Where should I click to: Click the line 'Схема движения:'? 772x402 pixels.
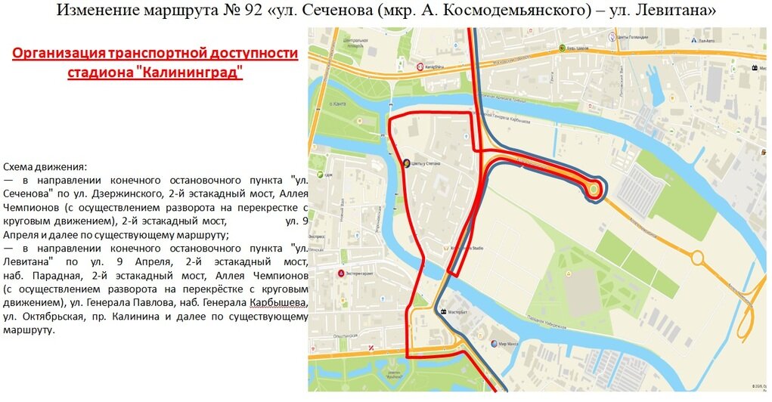[x=45, y=166]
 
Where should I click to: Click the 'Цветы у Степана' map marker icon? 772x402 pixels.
[x=406, y=162]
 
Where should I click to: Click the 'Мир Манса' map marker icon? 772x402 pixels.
[x=493, y=344]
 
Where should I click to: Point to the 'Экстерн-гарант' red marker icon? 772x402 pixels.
[x=342, y=273]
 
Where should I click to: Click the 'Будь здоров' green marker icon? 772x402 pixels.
[x=562, y=48]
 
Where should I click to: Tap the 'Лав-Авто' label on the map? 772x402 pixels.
[x=706, y=41]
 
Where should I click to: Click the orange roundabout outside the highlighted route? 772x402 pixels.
[x=697, y=258]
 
